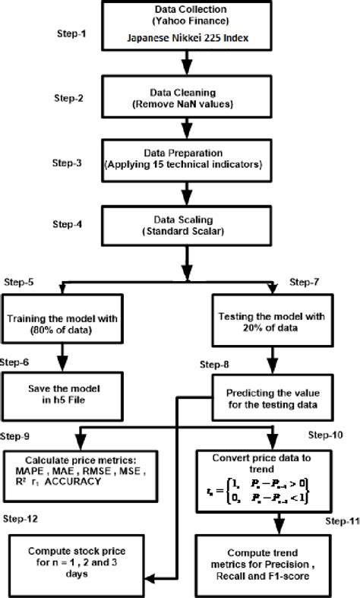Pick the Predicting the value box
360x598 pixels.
click(x=271, y=400)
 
